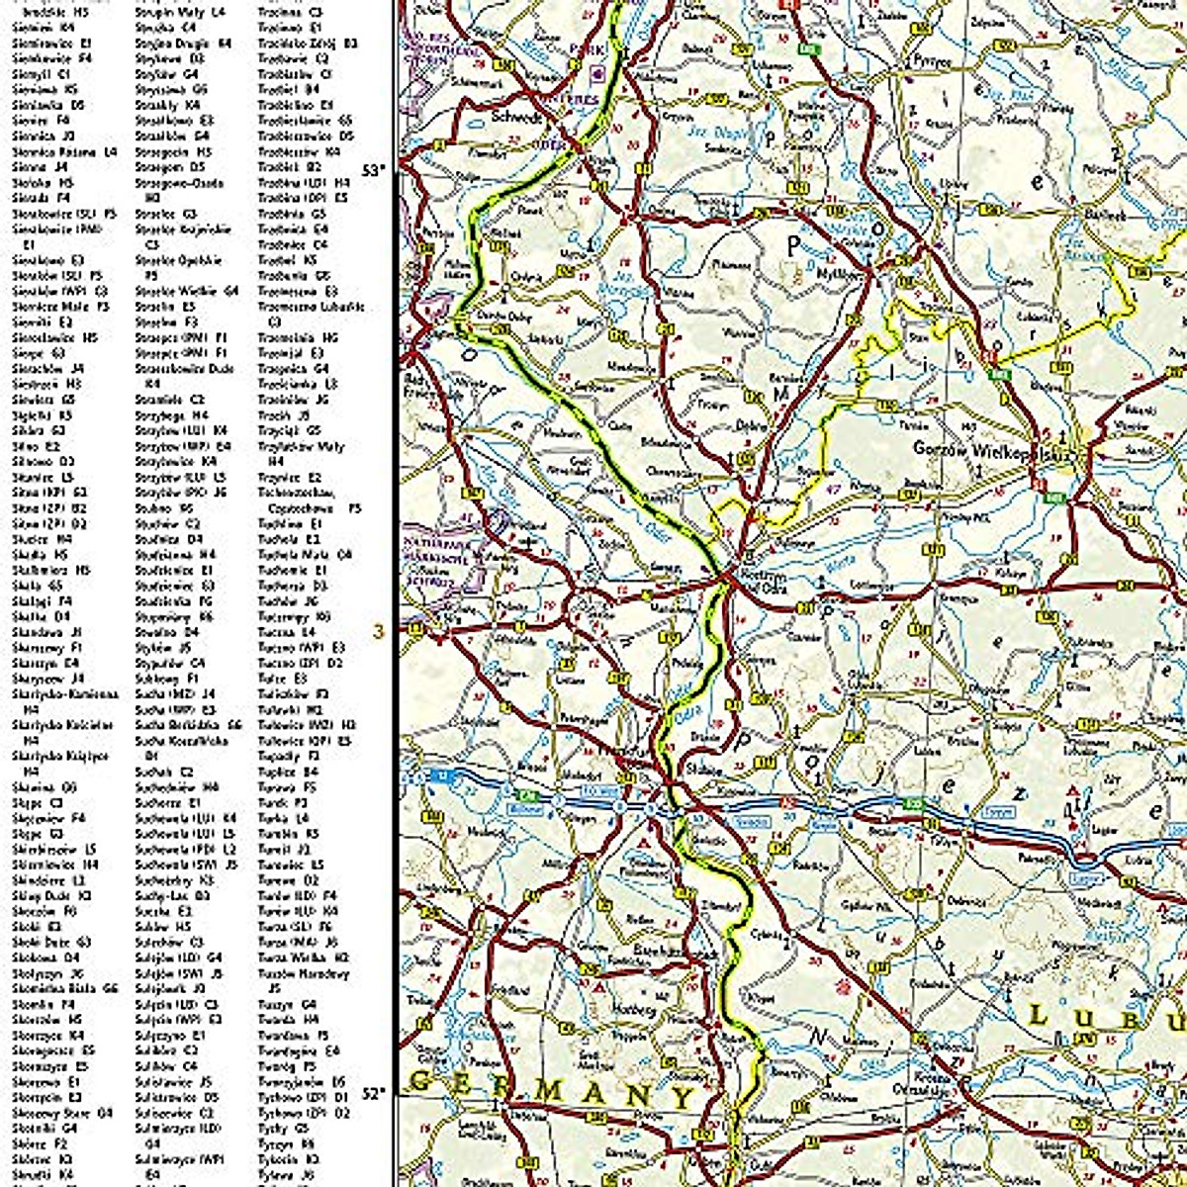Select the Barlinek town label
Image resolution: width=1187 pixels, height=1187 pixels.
(x=1105, y=215)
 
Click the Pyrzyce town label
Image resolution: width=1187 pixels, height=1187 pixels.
(x=932, y=60)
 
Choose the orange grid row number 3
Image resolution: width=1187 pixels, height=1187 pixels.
(x=377, y=630)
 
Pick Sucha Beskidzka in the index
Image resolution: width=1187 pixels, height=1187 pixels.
(x=188, y=724)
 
